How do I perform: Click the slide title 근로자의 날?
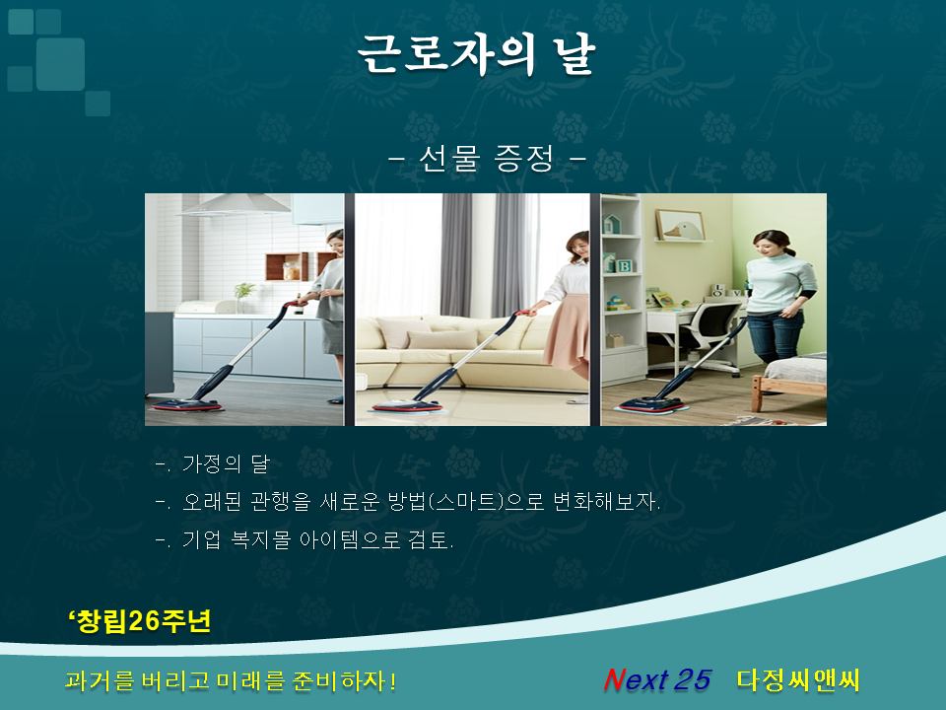[x=477, y=54]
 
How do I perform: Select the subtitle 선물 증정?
[x=487, y=159]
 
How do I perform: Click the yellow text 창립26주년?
[x=140, y=620]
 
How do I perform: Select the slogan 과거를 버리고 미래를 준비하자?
[x=230, y=680]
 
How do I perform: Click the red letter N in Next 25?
[x=614, y=679]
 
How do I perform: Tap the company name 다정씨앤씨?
[x=797, y=679]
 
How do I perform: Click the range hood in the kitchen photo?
[x=236, y=205]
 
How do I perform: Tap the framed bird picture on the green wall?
[x=680, y=225]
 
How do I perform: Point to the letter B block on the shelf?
[x=624, y=265]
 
